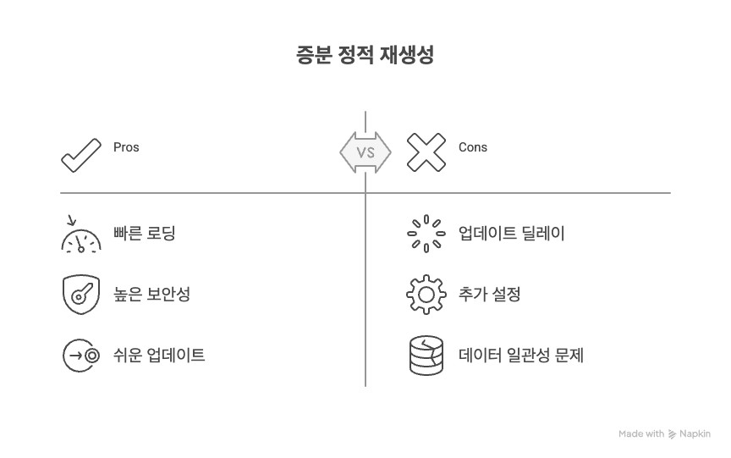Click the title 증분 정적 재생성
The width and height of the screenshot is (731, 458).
[365, 56]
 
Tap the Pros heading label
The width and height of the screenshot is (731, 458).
[126, 147]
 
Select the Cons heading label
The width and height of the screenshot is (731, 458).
[473, 147]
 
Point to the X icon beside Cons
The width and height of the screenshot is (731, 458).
[426, 153]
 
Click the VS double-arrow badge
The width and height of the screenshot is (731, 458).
[365, 153]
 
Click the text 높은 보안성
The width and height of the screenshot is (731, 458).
[151, 295]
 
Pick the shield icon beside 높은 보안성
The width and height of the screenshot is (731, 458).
[81, 295]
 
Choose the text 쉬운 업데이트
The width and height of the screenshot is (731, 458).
[160, 355]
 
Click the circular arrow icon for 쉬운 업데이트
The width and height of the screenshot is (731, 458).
[81, 355]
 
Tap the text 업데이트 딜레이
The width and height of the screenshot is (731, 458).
[511, 234]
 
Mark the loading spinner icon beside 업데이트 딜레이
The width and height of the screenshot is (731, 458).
[426, 234]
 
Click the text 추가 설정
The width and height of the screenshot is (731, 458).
[489, 295]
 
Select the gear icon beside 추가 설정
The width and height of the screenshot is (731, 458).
[426, 295]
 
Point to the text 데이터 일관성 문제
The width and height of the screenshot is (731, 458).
[520, 355]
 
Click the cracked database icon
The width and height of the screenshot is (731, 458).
[426, 355]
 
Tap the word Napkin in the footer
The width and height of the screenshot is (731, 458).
[695, 433]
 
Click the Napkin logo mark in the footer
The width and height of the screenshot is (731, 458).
[673, 433]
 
